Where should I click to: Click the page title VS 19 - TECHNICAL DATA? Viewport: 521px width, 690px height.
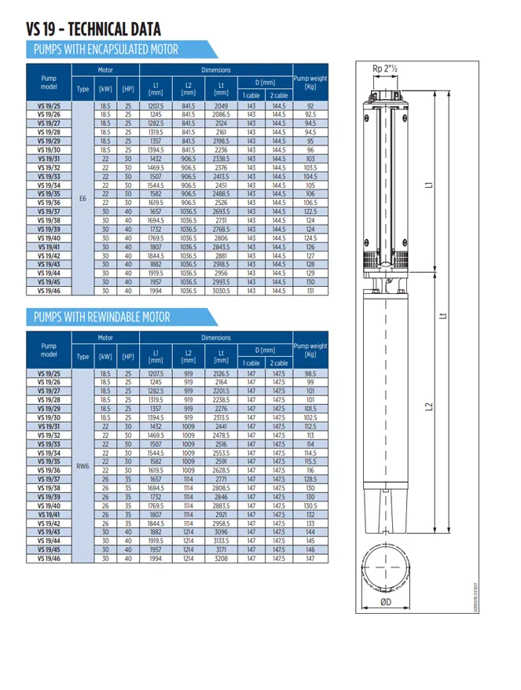tap(94, 28)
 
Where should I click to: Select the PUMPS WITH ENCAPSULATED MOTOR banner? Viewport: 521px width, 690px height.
tap(102, 50)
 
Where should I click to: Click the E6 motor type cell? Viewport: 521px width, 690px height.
tap(83, 197)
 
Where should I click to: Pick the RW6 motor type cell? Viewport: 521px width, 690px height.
tap(83, 465)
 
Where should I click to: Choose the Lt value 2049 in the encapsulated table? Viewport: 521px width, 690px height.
tap(221, 105)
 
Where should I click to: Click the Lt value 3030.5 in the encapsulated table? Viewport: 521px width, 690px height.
tap(221, 291)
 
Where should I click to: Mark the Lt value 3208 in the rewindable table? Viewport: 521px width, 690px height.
tap(221, 559)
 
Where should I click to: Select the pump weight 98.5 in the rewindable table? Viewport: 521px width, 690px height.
tap(310, 373)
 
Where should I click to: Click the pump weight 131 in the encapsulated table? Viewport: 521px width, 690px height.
tap(310, 291)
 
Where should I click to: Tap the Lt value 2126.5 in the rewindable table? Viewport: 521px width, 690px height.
tap(221, 373)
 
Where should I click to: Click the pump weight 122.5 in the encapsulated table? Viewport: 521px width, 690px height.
tap(310, 211)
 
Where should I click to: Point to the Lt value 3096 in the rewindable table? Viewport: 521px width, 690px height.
tap(221, 532)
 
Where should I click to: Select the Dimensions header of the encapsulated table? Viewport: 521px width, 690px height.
tap(215, 70)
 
